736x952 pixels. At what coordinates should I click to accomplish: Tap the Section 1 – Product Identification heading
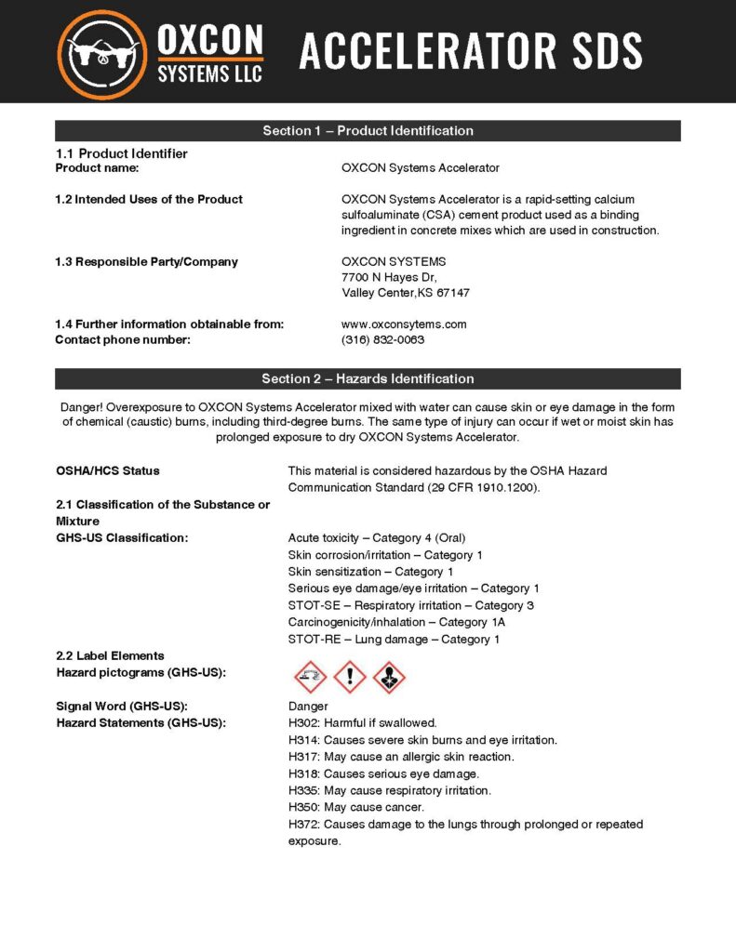368,131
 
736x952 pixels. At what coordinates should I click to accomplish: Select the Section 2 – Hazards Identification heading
368,378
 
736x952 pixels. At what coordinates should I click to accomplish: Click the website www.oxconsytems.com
404,324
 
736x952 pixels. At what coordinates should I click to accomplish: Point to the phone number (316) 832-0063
382,340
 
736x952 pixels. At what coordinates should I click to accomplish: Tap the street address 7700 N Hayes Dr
389,277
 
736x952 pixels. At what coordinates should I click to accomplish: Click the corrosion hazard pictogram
310,676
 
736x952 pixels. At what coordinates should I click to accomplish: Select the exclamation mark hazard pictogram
350,676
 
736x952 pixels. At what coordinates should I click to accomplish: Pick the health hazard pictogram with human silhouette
389,676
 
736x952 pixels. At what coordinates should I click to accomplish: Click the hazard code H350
303,807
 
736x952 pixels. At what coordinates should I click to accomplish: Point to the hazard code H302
303,722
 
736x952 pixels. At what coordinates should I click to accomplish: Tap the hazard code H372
303,825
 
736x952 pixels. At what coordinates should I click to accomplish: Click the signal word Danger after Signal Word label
308,707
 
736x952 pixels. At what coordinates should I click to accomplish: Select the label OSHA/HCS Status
108,470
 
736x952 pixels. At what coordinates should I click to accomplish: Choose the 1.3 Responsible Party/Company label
147,261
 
